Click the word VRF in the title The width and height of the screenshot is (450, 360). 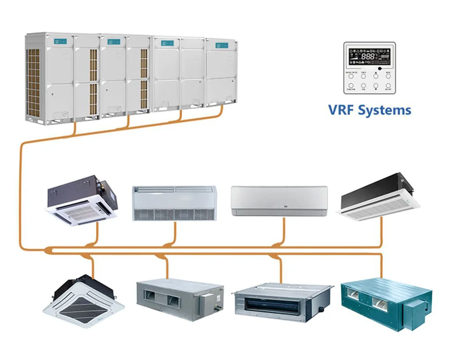pos(343,110)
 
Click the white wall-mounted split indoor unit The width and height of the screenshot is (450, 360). pos(279,201)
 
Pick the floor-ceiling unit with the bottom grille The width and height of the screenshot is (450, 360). pos(174,203)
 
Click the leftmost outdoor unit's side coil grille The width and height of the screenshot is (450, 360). pos(34,81)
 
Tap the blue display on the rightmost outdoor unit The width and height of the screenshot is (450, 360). pos(221,45)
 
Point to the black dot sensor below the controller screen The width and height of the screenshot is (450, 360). pos(379,68)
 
